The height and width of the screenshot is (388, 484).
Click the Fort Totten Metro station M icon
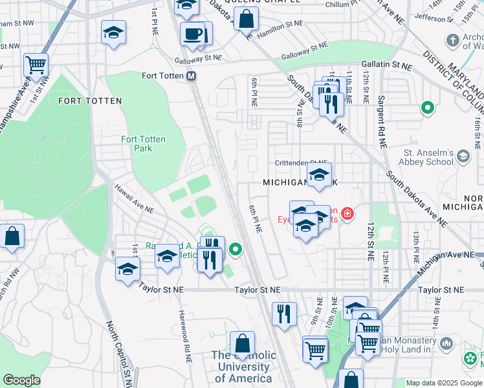click(x=191, y=76)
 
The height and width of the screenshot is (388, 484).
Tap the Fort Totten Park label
click(x=143, y=144)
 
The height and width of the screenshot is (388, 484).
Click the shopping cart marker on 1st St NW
click(x=36, y=65)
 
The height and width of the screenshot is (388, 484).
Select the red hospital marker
click(x=347, y=213)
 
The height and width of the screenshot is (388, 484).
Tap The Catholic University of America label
click(x=243, y=367)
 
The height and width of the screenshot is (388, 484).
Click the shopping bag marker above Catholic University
click(x=242, y=344)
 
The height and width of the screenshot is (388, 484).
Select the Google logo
click(x=21, y=380)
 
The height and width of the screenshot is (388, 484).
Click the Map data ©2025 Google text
click(x=443, y=383)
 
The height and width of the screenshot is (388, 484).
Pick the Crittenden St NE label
click(x=301, y=164)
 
